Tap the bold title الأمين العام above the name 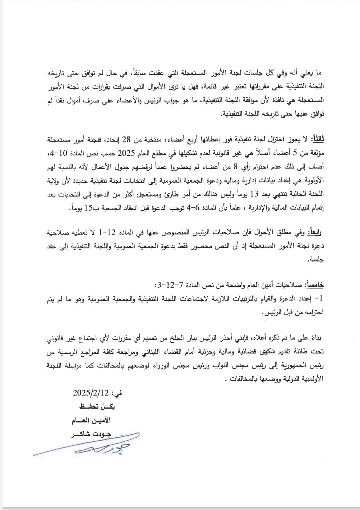(x=92, y=421)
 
